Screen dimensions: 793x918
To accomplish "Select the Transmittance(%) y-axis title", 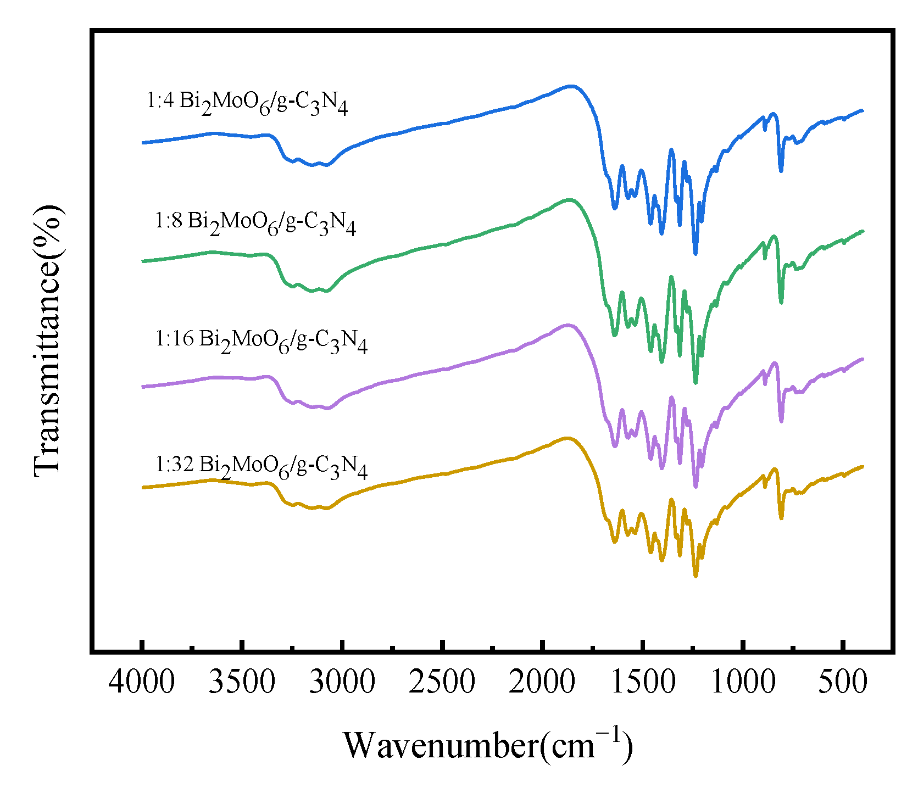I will (48, 340).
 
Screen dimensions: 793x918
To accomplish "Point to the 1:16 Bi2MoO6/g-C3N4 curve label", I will (262, 341).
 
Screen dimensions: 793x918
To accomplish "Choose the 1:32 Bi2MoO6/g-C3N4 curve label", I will (262, 467).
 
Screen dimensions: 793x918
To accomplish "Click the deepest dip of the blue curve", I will (696, 254).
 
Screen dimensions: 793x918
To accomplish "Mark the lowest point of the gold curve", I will (696, 576).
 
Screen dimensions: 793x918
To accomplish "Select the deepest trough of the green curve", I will (696, 383).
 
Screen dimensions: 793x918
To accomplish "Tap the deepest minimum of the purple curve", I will (696, 487).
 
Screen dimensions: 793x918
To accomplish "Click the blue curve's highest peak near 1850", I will (571, 86).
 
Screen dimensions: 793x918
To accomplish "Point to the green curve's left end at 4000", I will (143, 261).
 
